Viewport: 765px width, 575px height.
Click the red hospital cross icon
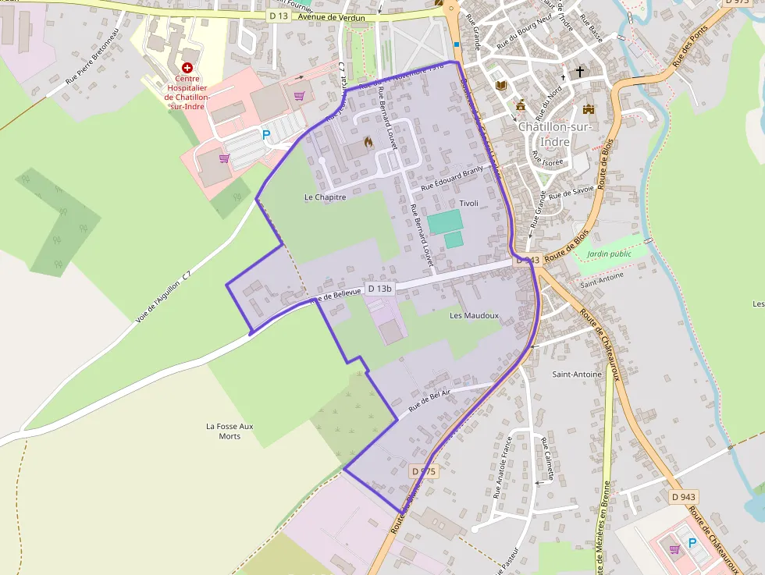coord(187,69)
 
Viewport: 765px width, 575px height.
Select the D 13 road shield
coord(279,16)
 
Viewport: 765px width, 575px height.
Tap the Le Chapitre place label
coord(325,197)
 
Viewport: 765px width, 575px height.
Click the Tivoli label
coord(468,203)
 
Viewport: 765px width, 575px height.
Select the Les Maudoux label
coord(474,315)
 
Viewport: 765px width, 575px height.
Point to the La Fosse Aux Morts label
coord(229,431)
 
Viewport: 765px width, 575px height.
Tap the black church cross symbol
coord(579,72)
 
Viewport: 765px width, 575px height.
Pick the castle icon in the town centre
coord(589,109)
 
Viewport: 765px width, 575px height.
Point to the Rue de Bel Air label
coord(430,402)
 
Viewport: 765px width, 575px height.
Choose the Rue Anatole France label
coord(501,467)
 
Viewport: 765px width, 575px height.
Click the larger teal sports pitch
coord(444,220)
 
